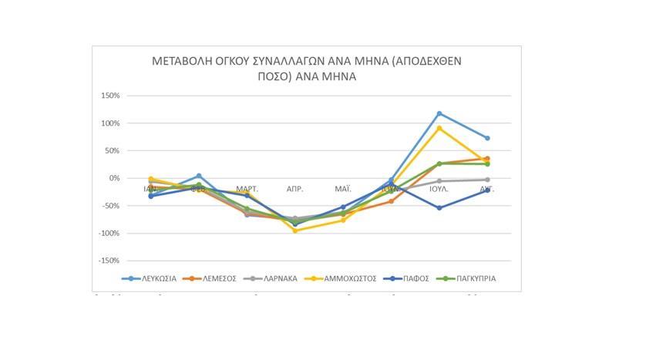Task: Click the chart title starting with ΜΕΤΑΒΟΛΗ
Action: tap(307, 69)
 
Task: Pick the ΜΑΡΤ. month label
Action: tap(247, 189)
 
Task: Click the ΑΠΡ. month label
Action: tap(294, 189)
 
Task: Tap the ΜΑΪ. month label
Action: tap(343, 189)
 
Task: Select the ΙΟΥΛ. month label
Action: tap(439, 189)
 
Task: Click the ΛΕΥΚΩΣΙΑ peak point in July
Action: tap(439, 113)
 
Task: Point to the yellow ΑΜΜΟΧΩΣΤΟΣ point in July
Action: tap(439, 128)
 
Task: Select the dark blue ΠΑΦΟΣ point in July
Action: tap(439, 208)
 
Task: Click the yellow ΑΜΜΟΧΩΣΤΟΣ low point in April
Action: tap(294, 230)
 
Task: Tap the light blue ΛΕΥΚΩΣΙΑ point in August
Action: tap(487, 138)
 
